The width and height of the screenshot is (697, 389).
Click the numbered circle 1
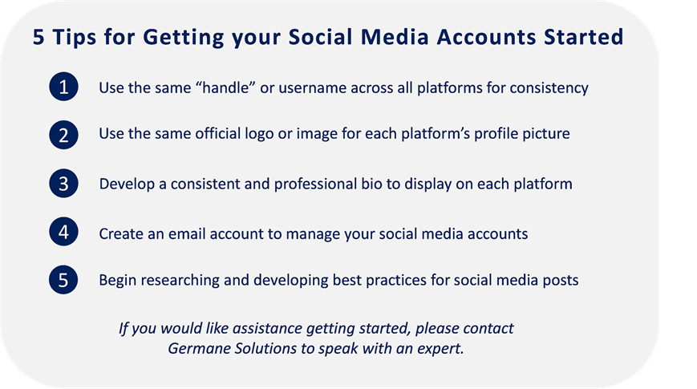63,87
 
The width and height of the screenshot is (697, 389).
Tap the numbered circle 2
63,135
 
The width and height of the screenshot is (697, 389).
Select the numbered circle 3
63,183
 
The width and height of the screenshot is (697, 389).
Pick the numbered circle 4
63,232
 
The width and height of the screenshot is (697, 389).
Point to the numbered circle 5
63,280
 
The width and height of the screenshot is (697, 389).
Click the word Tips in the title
75,38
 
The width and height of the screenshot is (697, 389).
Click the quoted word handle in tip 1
225,87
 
